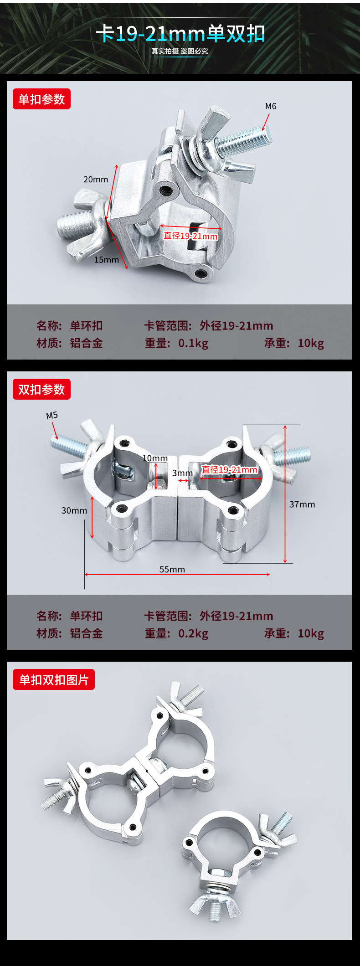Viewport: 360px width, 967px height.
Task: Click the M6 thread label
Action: pos(271,106)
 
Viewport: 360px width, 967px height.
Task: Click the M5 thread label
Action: pos(52,415)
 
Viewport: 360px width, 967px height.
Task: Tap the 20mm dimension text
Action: pos(96,180)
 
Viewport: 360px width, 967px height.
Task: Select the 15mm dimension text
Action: pos(106,260)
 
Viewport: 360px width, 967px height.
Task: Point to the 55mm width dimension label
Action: pos(172,569)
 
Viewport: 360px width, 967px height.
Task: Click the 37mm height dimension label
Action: pos(302,504)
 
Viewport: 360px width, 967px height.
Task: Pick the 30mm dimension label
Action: pos(74,510)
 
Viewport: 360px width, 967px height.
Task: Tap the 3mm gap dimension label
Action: pos(182,473)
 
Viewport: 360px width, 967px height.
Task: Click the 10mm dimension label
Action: pos(155,458)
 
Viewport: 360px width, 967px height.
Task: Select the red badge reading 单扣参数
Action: pos(41,99)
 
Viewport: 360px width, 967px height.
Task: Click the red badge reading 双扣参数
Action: pos(41,389)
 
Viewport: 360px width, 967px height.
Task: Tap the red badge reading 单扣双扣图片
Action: pos(54,679)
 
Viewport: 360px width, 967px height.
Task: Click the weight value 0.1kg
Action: pos(193,343)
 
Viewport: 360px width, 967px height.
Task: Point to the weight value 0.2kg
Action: pos(193,633)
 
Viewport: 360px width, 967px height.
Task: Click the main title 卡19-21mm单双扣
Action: pos(180,34)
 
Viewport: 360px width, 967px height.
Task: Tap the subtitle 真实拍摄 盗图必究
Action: pos(180,51)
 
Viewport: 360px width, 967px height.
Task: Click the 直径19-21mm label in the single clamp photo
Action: pos(191,236)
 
